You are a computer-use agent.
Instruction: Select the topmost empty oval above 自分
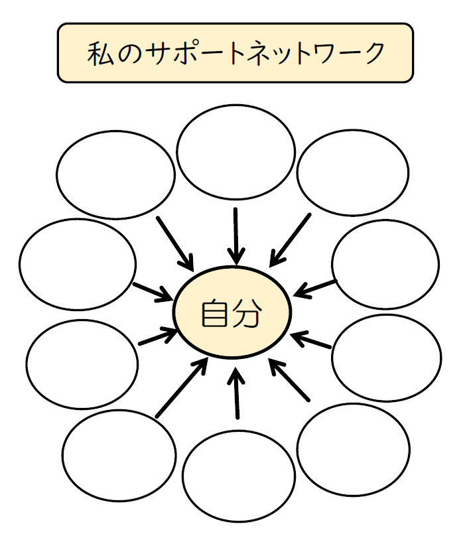(235, 152)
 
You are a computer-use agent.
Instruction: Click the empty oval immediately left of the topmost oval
(115, 174)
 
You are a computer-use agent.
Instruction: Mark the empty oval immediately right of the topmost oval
(353, 173)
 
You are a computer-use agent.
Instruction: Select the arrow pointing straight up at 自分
(236, 395)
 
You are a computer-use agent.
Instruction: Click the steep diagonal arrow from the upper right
(291, 237)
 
